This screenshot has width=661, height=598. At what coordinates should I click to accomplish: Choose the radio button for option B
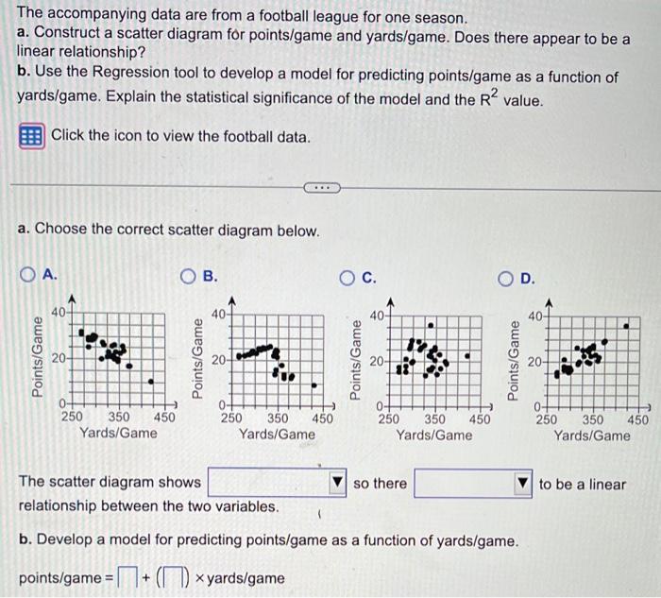(x=189, y=275)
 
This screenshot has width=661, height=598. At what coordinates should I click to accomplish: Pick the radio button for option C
(x=347, y=277)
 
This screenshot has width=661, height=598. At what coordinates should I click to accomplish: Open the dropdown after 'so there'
(x=475, y=484)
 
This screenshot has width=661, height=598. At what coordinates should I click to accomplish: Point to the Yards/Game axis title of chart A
(x=118, y=433)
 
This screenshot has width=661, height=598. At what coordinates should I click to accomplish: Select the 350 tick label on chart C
(x=434, y=419)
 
